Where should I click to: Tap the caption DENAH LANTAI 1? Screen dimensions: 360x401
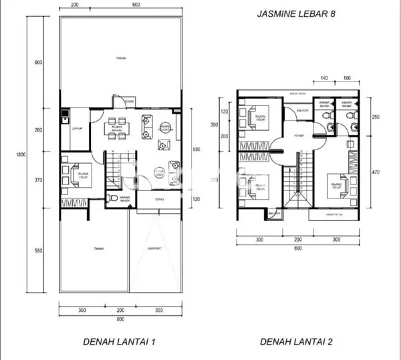tap(120, 343)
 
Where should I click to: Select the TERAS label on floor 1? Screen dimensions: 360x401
tap(160, 199)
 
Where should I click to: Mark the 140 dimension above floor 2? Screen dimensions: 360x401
tap(324, 78)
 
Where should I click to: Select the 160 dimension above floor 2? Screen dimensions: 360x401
tap(347, 78)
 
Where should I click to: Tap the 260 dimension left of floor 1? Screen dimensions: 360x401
tap(38, 130)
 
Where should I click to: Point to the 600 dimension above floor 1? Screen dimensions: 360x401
tap(136, 5)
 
